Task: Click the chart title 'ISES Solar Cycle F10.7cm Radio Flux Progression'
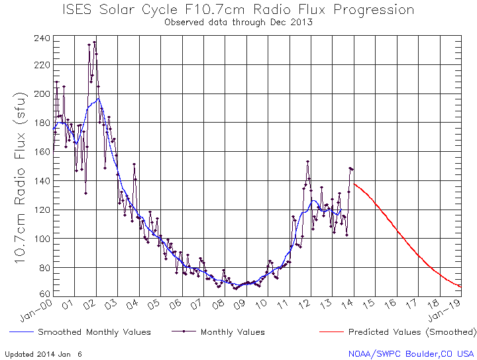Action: click(238, 10)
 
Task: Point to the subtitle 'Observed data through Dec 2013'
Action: click(238, 22)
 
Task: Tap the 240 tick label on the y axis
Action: click(42, 38)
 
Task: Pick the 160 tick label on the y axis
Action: click(42, 152)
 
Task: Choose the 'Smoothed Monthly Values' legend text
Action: click(94, 331)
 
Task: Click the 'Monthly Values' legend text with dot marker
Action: click(233, 331)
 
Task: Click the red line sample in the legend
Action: click(331, 331)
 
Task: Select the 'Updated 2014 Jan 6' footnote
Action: click(43, 353)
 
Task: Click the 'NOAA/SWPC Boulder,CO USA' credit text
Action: click(411, 353)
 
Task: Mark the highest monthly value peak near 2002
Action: click(94, 42)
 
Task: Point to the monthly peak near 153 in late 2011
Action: click(307, 162)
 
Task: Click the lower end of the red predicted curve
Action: click(460, 286)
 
